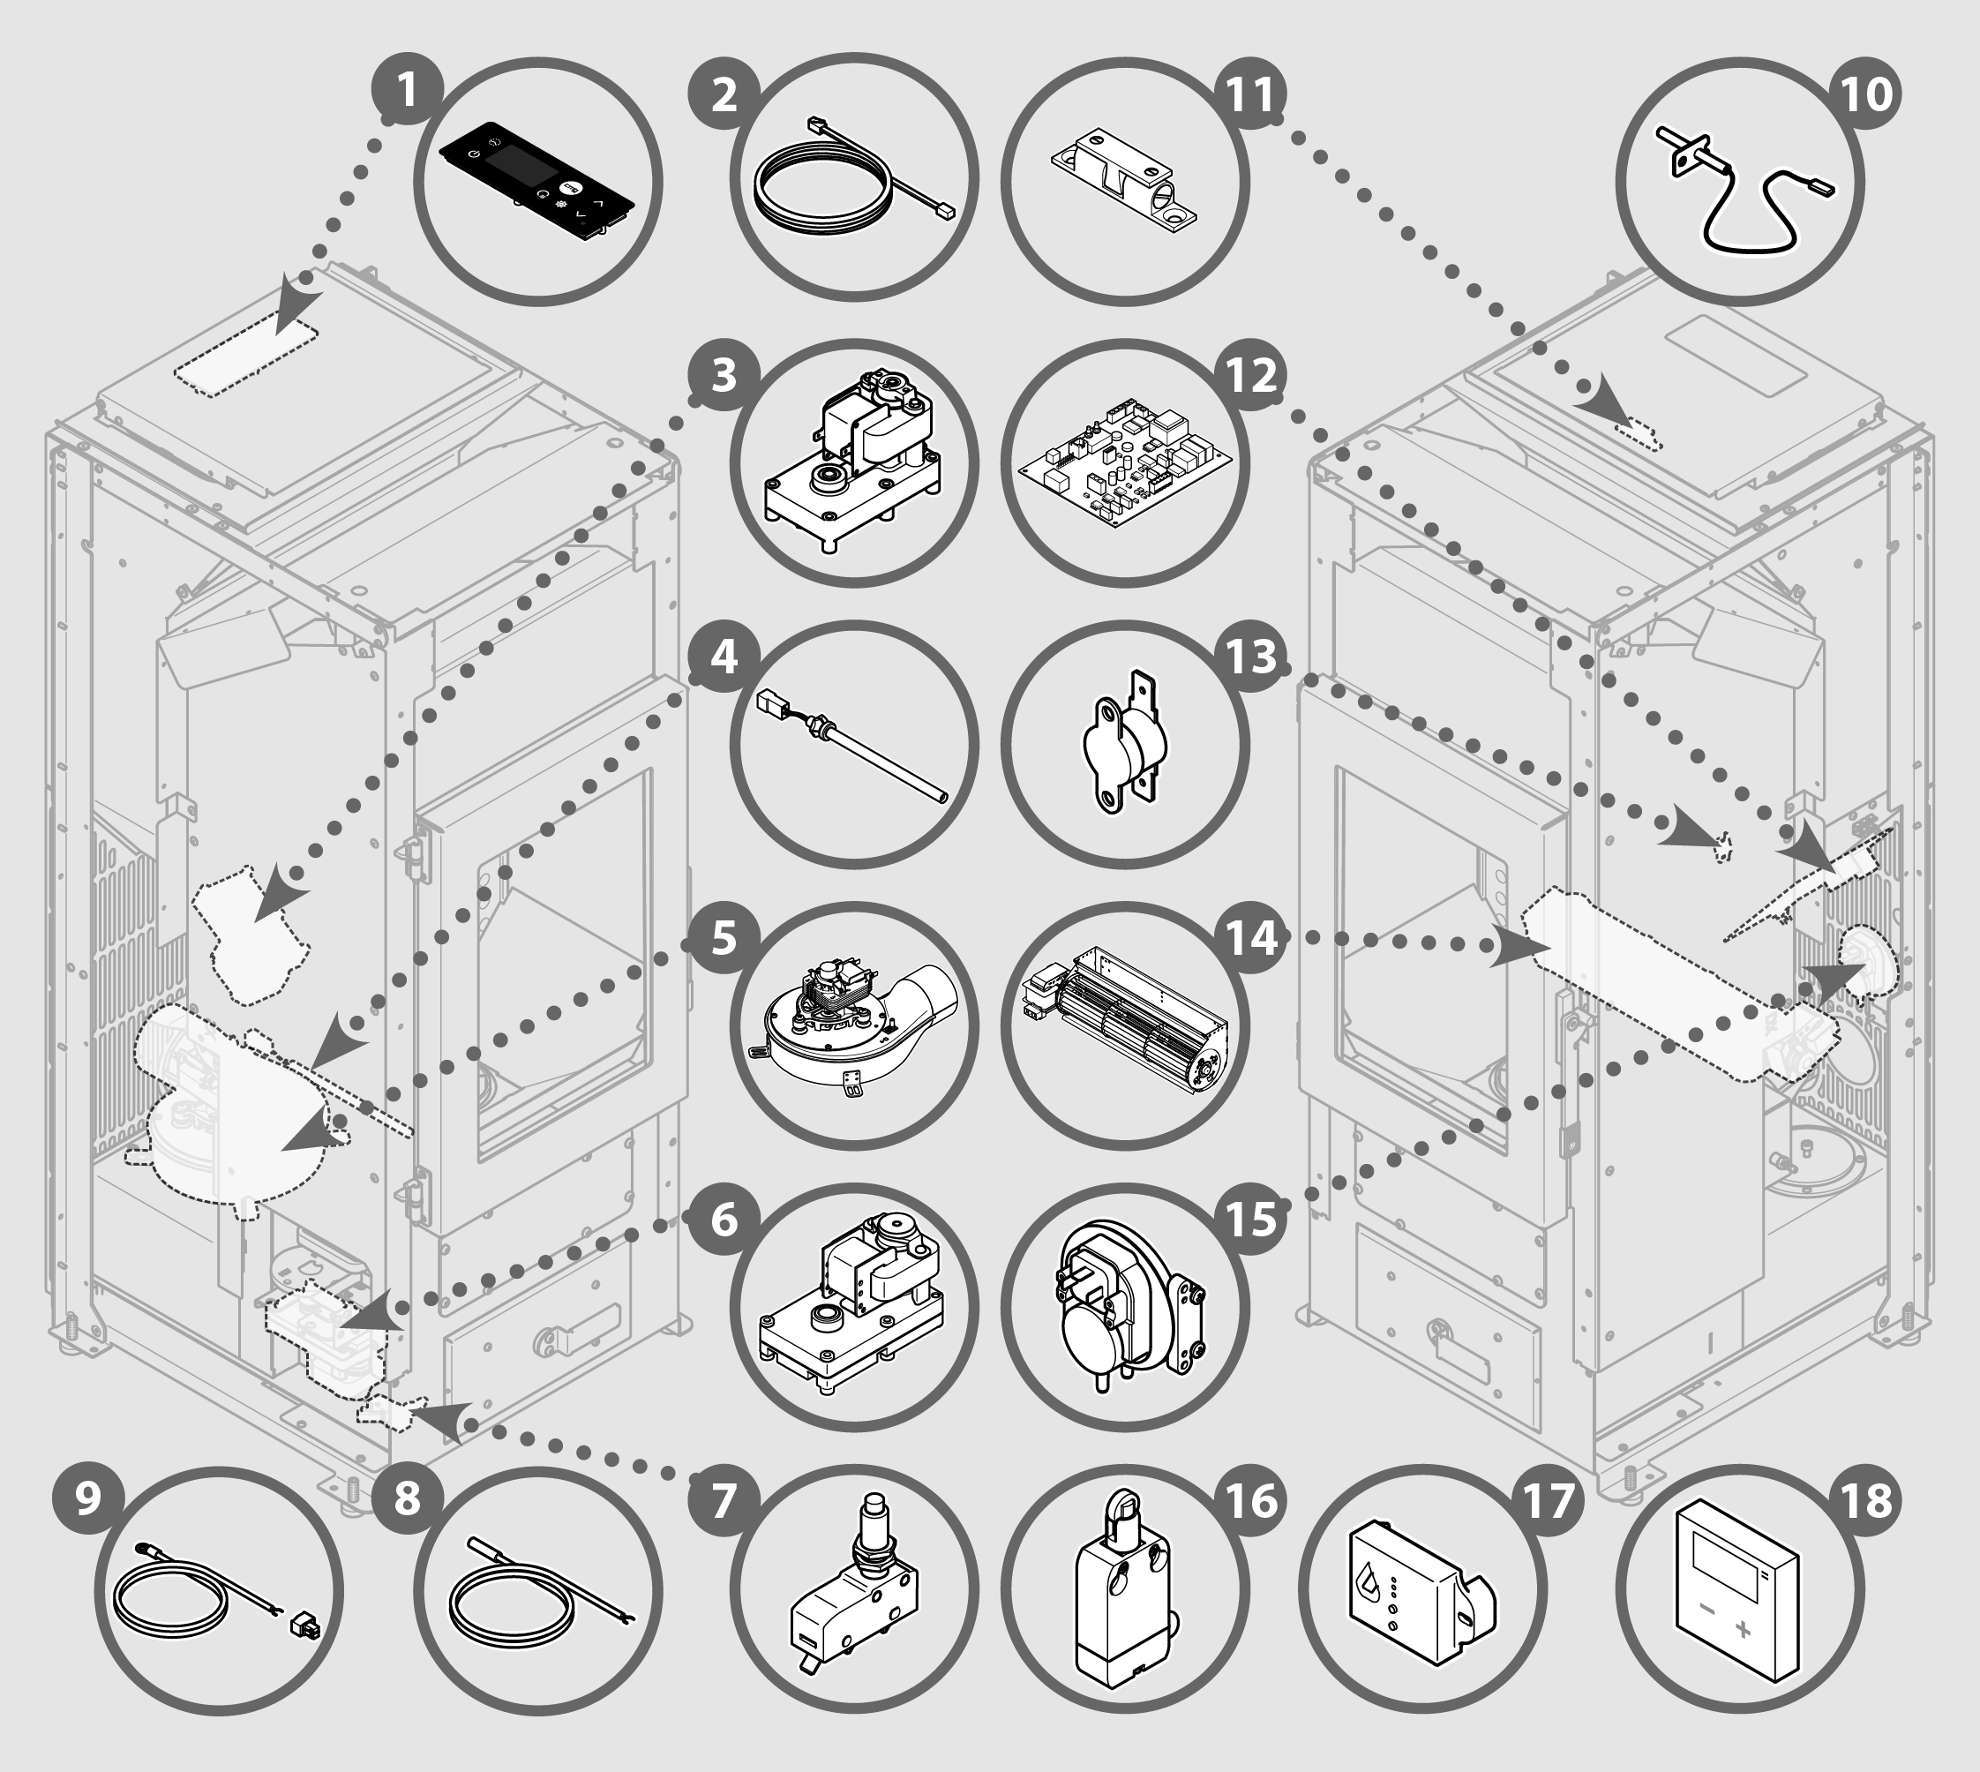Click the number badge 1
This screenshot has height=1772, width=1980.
pos(407,92)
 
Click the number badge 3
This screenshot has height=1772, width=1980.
pos(724,374)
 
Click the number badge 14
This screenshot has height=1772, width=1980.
pos(1251,937)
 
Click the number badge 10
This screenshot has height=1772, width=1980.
pos(1866,94)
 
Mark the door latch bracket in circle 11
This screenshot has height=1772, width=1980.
pos(1124,181)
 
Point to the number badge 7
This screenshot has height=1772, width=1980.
pos(724,1500)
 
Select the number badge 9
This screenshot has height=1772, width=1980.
pos(87,1500)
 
